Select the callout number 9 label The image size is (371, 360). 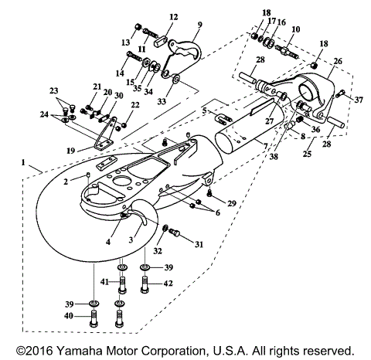[x=199, y=24]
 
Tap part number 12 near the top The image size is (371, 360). [x=172, y=16]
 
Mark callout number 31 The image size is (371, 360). [x=199, y=245]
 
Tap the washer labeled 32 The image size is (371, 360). [x=165, y=228]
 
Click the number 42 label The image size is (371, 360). [x=168, y=284]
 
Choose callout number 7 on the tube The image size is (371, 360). [x=265, y=147]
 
